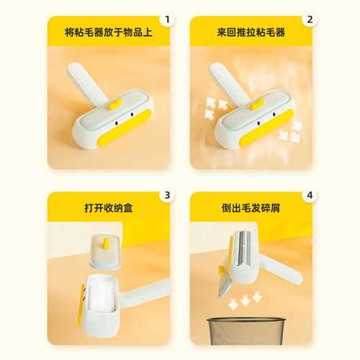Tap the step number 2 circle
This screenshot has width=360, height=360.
point(309,19)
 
